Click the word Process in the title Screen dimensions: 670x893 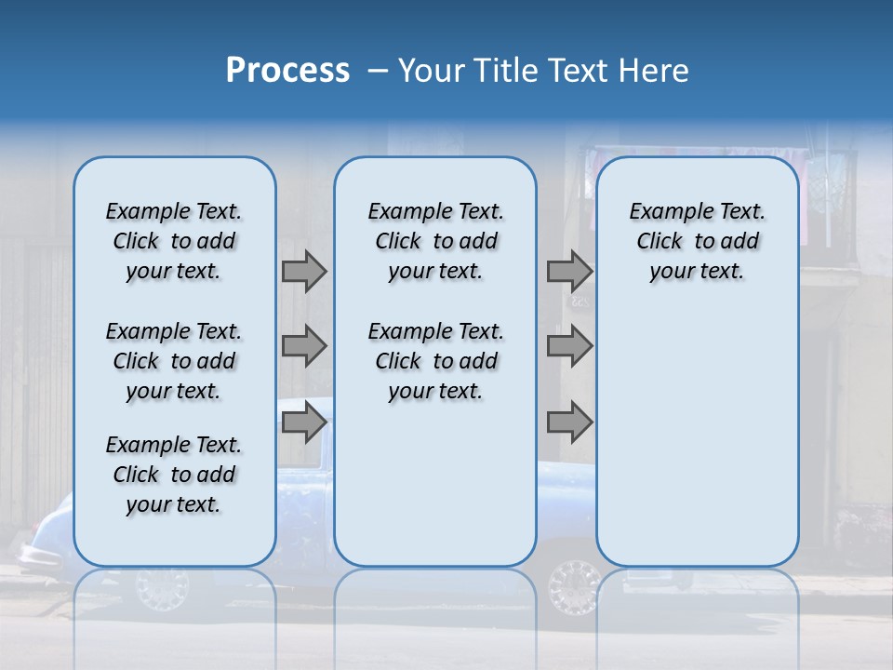[287, 71]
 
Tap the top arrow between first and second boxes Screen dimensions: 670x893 [304, 271]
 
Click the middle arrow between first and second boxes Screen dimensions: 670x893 [304, 347]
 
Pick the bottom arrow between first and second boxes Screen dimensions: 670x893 [304, 423]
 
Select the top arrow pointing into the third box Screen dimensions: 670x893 [569, 271]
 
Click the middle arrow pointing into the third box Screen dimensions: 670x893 [569, 347]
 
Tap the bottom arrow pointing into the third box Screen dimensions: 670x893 [569, 423]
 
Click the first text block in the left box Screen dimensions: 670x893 [174, 241]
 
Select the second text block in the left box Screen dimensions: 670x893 [174, 361]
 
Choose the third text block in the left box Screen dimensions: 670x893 [174, 475]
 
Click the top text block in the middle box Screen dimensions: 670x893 [435, 241]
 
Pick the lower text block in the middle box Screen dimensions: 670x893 [435, 361]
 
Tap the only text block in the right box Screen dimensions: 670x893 [697, 241]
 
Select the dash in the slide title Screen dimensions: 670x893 [378, 71]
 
